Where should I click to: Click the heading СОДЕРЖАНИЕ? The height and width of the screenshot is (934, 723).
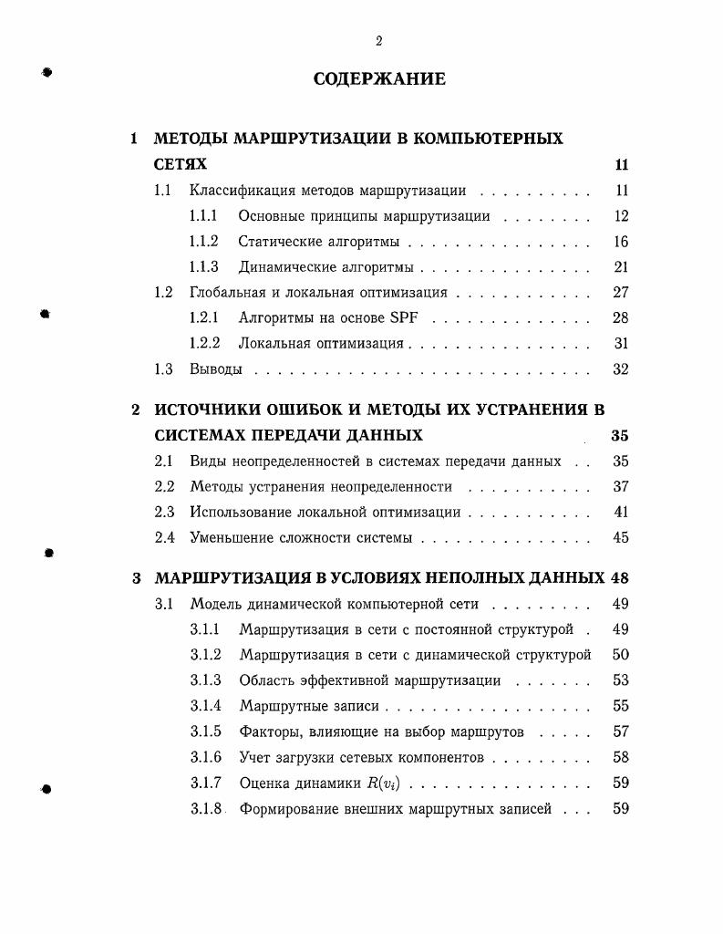click(x=379, y=79)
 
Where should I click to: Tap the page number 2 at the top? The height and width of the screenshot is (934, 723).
click(x=378, y=40)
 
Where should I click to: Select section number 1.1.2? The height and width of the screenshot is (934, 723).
click(x=203, y=242)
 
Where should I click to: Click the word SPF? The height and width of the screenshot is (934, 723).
click(x=407, y=318)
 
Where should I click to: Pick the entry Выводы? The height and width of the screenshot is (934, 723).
click(x=216, y=369)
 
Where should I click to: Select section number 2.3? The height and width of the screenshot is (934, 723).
click(x=164, y=513)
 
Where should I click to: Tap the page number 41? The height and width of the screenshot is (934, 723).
click(x=621, y=513)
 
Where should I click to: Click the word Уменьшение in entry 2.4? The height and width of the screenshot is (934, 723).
click(x=228, y=538)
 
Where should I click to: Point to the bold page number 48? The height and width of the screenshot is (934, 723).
click(x=620, y=578)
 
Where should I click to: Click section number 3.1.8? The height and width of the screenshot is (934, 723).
click(x=205, y=808)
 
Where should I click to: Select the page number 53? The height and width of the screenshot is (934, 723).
click(x=621, y=680)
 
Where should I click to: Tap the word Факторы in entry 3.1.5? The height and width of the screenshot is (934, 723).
click(x=268, y=732)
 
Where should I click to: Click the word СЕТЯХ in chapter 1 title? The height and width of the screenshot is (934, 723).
click(x=181, y=165)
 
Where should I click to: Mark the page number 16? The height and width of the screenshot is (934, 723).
click(x=621, y=242)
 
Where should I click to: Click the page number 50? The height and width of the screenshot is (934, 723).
click(x=621, y=655)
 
